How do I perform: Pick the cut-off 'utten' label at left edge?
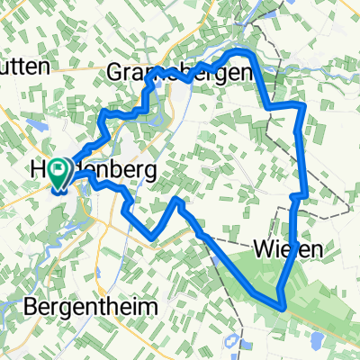(28, 66)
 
